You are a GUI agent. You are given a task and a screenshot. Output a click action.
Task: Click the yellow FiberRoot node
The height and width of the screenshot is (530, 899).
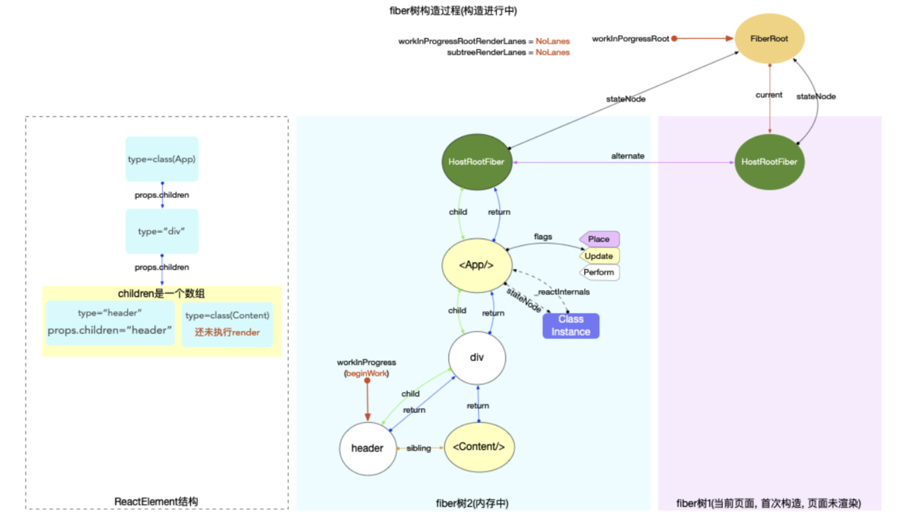(769, 39)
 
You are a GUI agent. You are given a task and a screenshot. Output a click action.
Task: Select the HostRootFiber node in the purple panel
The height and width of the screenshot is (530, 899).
(769, 162)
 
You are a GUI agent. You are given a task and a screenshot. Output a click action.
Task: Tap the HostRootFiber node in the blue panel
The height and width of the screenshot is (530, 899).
(476, 162)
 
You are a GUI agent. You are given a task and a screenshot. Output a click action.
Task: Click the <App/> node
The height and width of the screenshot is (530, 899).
(476, 265)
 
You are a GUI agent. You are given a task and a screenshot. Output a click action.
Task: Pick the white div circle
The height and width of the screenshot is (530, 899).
(477, 357)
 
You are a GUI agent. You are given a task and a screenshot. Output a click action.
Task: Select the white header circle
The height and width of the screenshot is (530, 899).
(367, 448)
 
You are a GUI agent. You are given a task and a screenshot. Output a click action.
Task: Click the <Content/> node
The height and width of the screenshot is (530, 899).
(479, 447)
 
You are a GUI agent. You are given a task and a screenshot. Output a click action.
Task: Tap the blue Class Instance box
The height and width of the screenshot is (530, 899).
(571, 326)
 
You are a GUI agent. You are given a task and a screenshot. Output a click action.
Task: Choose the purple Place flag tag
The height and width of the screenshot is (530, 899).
(599, 239)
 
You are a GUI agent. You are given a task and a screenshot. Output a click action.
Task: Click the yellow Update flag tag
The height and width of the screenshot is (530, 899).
(599, 256)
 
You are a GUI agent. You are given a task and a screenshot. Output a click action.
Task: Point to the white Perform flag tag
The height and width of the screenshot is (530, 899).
(599, 273)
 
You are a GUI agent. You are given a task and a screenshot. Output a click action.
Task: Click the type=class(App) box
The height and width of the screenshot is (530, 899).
(161, 159)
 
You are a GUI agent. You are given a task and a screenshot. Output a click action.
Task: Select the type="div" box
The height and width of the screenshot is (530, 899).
(161, 231)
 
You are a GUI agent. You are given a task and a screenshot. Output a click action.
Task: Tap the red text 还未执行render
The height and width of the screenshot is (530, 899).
(227, 332)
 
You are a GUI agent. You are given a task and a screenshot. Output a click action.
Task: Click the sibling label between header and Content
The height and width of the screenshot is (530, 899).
(419, 448)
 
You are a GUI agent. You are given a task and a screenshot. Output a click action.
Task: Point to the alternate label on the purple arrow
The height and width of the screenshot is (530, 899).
(628, 156)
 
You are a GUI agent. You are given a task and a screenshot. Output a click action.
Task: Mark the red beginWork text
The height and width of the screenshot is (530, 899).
(367, 374)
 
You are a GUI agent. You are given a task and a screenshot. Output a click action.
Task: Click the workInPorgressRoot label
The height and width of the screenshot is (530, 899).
(630, 39)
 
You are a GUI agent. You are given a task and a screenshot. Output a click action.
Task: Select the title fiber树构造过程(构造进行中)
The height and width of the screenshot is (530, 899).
(453, 11)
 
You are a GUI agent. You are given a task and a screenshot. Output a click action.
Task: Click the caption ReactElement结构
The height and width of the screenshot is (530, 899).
(156, 501)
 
